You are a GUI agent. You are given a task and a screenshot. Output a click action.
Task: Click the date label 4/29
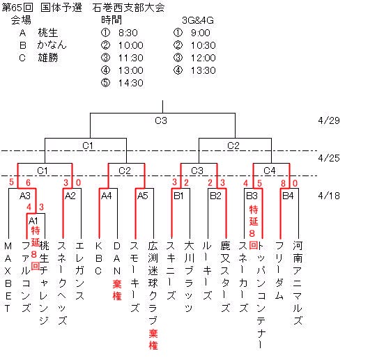coord(329,120)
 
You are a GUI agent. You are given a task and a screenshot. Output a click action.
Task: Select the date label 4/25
coord(329,158)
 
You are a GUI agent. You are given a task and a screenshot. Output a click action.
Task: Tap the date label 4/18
coord(329,196)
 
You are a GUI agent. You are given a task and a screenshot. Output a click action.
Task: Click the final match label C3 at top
coord(161,120)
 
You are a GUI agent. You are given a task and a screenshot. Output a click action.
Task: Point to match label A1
coord(33,221)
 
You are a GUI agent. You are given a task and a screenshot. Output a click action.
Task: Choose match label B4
coord(288,196)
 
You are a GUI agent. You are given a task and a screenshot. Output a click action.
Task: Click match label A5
coord(142,196)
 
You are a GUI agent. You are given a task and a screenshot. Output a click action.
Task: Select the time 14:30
coord(130,83)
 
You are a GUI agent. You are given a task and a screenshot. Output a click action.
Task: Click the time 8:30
coord(128,33)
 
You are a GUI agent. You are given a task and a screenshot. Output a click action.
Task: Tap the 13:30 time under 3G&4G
coord(203,70)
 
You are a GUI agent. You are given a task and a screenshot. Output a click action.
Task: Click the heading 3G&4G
coord(198,20)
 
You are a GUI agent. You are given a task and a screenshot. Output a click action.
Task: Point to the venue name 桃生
coord(48,33)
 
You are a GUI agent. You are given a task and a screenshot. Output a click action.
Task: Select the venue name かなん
coord(52,45)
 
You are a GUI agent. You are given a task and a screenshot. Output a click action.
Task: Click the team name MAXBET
coord(8,277)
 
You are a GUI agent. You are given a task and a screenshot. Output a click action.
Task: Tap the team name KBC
coord(98,258)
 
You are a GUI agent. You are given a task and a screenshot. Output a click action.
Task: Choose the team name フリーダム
coord(279,270)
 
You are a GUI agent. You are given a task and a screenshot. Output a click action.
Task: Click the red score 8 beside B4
coord(283,183)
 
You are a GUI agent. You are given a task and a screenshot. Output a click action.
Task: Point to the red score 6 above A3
coord(28,182)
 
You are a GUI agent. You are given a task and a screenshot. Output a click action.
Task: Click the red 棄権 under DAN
coord(117,290)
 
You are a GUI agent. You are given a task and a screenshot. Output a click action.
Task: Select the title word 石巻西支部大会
coord(128,8)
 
